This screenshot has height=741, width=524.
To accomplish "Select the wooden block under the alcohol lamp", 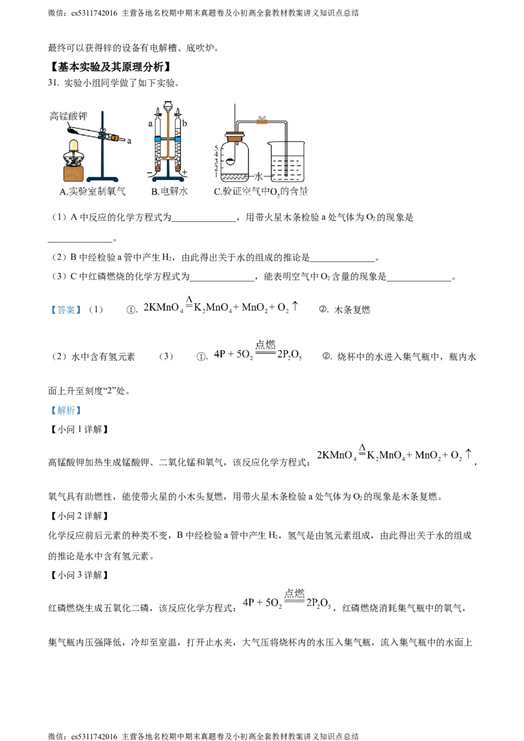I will point(76,173).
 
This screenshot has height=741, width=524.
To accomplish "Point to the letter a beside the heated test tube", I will point(128,141).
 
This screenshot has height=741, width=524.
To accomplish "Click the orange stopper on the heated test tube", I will point(115,139).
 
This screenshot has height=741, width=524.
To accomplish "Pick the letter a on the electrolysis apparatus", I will point(150,123).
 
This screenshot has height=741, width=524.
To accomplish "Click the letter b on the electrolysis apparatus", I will point(185,123).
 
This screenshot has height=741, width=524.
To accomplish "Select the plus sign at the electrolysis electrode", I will point(186,172).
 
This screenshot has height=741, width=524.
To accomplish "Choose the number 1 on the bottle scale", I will point(215,175).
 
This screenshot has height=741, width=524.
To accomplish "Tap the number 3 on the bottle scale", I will point(215,162).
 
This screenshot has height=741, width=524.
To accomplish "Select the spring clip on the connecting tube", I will point(262,120).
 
